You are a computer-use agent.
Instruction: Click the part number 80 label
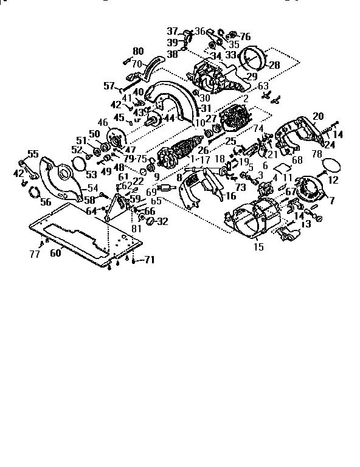point(138,51)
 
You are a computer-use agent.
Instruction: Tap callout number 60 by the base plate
point(55,253)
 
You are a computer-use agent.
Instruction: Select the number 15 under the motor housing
point(258,247)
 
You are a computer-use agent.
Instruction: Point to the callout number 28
point(274,65)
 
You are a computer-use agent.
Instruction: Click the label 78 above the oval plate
point(317,155)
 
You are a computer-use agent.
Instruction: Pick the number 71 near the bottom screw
point(149,260)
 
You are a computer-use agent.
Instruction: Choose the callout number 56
point(46,202)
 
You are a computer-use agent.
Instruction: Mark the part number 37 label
point(173,31)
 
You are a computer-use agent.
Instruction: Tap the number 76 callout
point(244,36)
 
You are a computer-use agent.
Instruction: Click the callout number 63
point(263,86)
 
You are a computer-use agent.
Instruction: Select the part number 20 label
point(318,116)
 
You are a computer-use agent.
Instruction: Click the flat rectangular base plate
point(85,228)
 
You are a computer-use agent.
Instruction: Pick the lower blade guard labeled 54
point(61,176)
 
